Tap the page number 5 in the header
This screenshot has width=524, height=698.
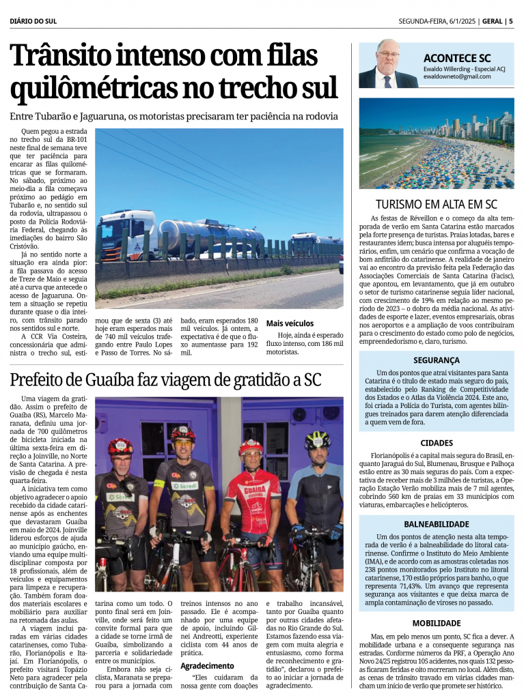tap(510, 21)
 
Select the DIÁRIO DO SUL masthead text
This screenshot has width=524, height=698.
tap(33, 21)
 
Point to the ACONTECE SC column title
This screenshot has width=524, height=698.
tap(456, 58)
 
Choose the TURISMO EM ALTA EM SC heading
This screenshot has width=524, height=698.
tap(437, 204)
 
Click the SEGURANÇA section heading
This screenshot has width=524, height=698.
tap(437, 360)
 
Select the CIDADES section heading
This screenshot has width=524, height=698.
tap(437, 443)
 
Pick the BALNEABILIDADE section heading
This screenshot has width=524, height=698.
tap(437, 524)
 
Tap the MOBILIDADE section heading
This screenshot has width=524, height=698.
tap(437, 623)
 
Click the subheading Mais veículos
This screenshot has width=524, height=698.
tap(290, 323)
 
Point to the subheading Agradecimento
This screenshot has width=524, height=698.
tap(207, 666)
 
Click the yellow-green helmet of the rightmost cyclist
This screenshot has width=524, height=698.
tap(317, 439)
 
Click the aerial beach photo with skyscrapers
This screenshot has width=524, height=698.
tap(437, 143)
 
